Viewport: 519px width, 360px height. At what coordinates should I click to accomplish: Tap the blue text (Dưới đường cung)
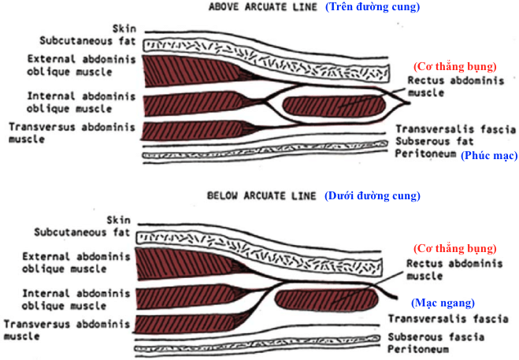click(373, 195)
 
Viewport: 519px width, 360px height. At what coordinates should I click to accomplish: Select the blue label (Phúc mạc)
click(489, 156)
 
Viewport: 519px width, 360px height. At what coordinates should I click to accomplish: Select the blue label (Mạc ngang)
click(443, 302)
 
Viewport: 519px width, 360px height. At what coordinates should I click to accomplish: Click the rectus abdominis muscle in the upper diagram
click(334, 103)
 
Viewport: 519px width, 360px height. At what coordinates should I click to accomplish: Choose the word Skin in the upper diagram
click(123, 27)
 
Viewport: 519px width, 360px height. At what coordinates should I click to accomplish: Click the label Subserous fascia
click(436, 336)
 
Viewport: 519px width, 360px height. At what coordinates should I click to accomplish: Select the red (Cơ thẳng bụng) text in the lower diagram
click(455, 248)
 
